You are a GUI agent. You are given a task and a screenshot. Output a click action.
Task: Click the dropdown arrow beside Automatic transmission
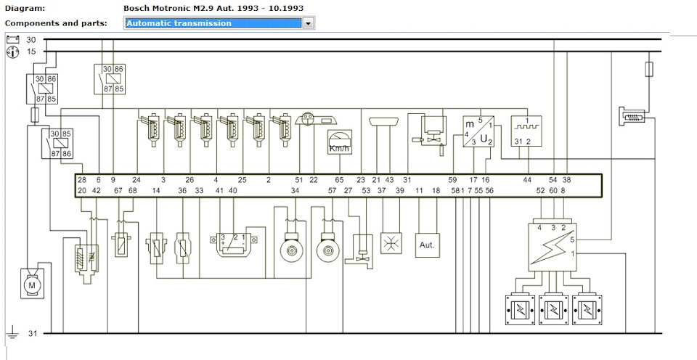pyautogui.click(x=308, y=23)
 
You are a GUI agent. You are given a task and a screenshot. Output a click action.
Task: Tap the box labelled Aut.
pyautogui.click(x=426, y=245)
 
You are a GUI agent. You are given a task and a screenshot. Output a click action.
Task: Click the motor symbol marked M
pyautogui.click(x=31, y=286)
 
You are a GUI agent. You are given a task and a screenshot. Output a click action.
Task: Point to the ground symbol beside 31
pyautogui.click(x=12, y=333)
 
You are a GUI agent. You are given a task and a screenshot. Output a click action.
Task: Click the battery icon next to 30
pyautogui.click(x=12, y=40)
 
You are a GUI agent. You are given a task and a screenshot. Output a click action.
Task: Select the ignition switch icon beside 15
pyautogui.click(x=12, y=52)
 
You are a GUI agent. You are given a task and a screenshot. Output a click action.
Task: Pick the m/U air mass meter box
pyautogui.click(x=478, y=131)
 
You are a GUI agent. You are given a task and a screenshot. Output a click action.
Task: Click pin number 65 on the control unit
pyautogui.click(x=339, y=179)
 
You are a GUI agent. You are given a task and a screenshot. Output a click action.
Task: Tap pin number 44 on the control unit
pyautogui.click(x=528, y=179)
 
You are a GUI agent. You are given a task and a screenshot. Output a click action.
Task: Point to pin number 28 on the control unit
pyautogui.click(x=81, y=179)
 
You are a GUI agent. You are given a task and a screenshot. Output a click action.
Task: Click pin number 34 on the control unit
pyautogui.click(x=295, y=190)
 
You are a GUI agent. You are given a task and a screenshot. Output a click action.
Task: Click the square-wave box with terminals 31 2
pyautogui.click(x=526, y=131)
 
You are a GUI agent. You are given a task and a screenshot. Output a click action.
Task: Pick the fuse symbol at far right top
pyautogui.click(x=648, y=70)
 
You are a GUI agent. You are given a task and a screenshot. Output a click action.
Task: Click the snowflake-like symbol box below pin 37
pyautogui.click(x=391, y=245)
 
